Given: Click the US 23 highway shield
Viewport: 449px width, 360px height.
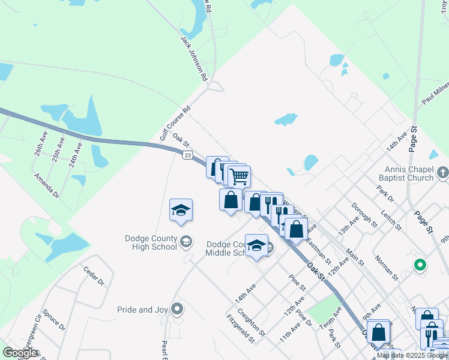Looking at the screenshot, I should pyautogui.click(x=187, y=155).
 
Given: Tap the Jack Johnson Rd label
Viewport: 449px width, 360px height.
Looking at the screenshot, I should pyautogui.click(x=194, y=58).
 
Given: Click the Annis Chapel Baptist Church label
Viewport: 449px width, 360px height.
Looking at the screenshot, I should pyautogui.click(x=406, y=173).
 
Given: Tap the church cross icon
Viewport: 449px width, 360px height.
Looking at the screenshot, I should pyautogui.click(x=442, y=173).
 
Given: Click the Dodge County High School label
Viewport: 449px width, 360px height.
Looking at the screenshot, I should pyautogui.click(x=151, y=242).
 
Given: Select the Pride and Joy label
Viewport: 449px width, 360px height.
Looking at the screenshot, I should pyautogui.click(x=142, y=310).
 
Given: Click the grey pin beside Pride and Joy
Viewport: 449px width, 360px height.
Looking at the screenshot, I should pyautogui.click(x=177, y=309).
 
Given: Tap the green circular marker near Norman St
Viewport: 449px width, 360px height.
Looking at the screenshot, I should pyautogui.click(x=420, y=264).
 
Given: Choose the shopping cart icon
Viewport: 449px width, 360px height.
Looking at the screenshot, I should pyautogui.click(x=240, y=176).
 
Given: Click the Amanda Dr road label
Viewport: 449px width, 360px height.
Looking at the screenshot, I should pyautogui.click(x=47, y=187).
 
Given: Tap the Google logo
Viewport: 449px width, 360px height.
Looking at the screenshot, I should pyautogui.click(x=20, y=353).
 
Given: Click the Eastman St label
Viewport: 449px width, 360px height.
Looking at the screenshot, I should pyautogui.click(x=318, y=251).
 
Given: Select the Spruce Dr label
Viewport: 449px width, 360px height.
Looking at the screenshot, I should pyautogui.click(x=53, y=320).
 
